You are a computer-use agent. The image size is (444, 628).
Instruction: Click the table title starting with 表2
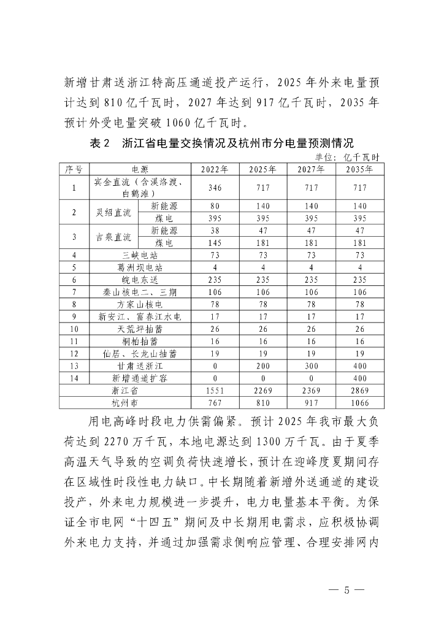coord(221,144)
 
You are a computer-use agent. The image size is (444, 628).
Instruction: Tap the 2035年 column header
coord(360,169)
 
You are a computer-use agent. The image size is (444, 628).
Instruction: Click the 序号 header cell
coord(74,169)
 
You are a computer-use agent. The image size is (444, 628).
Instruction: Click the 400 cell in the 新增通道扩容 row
coord(360,378)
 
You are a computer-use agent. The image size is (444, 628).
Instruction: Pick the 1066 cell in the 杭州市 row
coord(360,402)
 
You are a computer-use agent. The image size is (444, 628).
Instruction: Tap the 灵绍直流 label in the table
coord(114,212)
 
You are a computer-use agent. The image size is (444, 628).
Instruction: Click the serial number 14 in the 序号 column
coord(74,378)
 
